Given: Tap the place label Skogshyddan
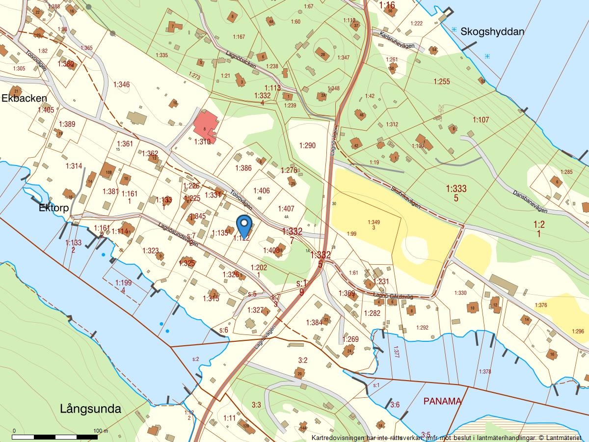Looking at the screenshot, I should click(492, 31).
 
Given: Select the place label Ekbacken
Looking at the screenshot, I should click(24, 98).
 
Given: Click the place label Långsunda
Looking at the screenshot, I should click(90, 409).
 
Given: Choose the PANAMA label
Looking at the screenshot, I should click(442, 401).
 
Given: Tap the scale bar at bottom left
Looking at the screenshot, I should click(55, 436).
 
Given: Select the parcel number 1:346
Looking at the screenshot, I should click(121, 85).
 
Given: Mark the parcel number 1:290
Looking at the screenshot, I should click(307, 145).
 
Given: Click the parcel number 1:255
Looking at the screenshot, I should click(441, 82).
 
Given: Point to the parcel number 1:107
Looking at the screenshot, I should click(481, 120).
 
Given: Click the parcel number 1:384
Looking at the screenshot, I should click(314, 323).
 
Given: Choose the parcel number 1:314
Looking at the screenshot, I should click(74, 166).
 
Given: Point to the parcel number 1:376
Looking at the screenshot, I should click(540, 305).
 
